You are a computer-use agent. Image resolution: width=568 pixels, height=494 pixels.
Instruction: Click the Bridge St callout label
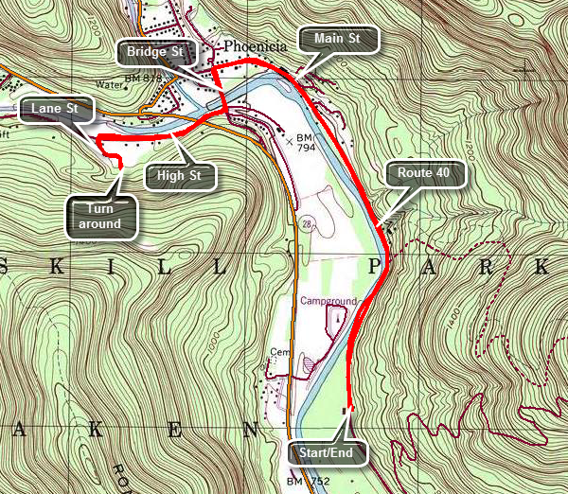click(152, 51)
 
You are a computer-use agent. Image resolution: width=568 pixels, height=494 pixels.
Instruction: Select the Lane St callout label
click(56, 110)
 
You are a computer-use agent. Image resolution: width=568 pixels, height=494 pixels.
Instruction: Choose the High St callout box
click(179, 175)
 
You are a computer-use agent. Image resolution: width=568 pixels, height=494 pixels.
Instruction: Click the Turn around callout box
click(99, 217)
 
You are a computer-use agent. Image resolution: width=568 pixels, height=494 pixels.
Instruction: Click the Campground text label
click(330, 301)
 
